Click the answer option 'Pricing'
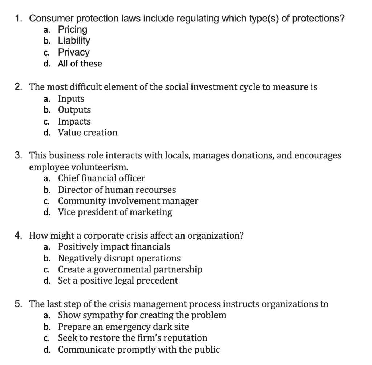pyautogui.click(x=73, y=29)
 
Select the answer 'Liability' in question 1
pyautogui.click(x=74, y=41)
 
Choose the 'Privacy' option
pyautogui.click(x=74, y=52)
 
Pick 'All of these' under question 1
pyautogui.click(x=80, y=64)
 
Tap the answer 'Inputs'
pyautogui.click(x=71, y=99)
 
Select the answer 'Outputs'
pyautogui.click(x=74, y=110)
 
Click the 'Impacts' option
pyautogui.click(x=74, y=121)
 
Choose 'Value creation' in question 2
pyautogui.click(x=88, y=133)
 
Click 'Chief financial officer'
pyautogui.click(x=101, y=178)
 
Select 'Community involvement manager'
pyautogui.click(x=128, y=201)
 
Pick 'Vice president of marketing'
pyautogui.click(x=115, y=212)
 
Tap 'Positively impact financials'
pyautogui.click(x=114, y=247)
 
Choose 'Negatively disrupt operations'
pyautogui.click(x=119, y=258)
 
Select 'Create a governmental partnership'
pyautogui.click(x=130, y=269)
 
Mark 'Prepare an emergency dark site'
pyautogui.click(x=124, y=327)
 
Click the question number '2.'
pyautogui.click(x=19, y=87)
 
